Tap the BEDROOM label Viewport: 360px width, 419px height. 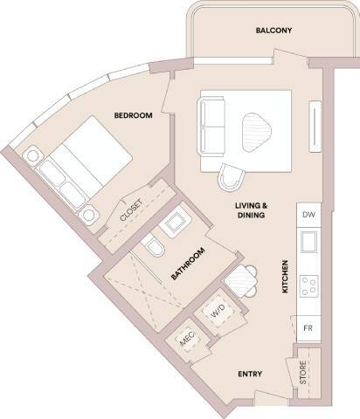[x=133, y=114]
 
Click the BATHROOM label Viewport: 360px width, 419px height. [x=188, y=264]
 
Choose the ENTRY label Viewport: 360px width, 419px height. [x=251, y=374]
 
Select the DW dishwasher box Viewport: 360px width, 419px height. [x=307, y=215]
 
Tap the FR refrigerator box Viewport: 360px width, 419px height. [x=307, y=328]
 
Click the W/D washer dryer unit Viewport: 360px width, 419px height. [x=216, y=311]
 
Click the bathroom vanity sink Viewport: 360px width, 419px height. [x=174, y=223]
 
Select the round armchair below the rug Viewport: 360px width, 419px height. [x=231, y=178]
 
